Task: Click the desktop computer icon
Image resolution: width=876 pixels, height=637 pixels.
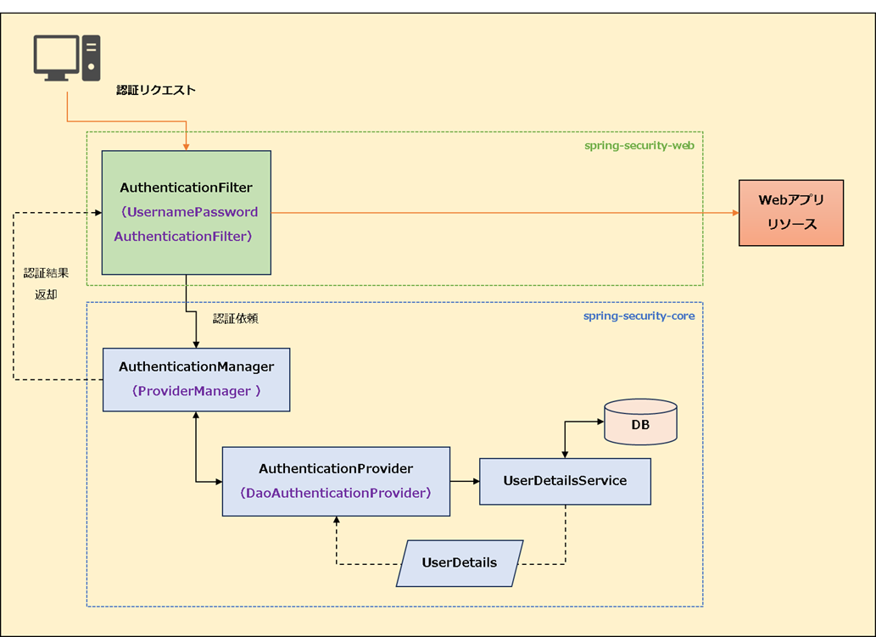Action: coord(67,58)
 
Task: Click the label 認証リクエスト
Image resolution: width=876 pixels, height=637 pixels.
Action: coord(156,90)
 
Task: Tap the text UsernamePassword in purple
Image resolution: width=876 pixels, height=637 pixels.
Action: coord(190,212)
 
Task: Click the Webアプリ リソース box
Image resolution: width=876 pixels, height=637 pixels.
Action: coord(791,213)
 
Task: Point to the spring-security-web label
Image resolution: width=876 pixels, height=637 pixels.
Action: coord(639,145)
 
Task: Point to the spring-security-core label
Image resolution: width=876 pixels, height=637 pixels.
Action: coord(639,316)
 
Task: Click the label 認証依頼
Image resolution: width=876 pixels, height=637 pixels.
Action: coord(235,319)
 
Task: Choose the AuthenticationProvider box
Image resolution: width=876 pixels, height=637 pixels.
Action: coord(336,481)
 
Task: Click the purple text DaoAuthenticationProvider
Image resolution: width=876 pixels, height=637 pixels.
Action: coord(336,493)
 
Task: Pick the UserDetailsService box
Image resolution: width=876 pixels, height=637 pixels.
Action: coord(565,481)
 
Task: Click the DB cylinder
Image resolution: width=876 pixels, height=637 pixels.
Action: coord(640,422)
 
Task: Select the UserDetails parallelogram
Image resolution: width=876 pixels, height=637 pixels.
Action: coord(460,563)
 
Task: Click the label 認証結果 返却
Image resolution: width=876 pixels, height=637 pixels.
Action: coord(46,284)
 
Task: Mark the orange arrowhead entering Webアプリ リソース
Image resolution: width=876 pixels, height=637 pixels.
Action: coord(734,213)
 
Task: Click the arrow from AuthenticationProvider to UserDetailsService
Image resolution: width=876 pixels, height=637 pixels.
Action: coord(465,481)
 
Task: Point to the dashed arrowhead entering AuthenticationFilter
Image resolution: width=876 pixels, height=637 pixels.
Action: coord(96,212)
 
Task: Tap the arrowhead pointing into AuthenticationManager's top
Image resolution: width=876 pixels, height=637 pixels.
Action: coord(196,344)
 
